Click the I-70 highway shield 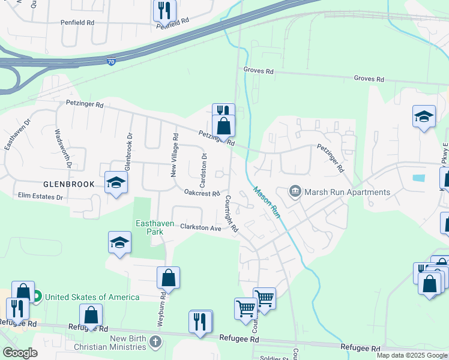click(x=111, y=61)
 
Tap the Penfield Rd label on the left click(x=77, y=22)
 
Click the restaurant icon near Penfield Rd click(x=163, y=10)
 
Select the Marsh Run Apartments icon click(x=295, y=192)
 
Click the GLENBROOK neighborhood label click(x=68, y=184)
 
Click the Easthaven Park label click(x=155, y=227)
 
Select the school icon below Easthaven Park click(x=119, y=242)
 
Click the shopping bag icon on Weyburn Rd click(x=168, y=277)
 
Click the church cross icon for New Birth click(x=155, y=343)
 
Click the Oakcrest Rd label click(x=202, y=193)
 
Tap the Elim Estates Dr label click(x=40, y=196)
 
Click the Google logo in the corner click(x=20, y=353)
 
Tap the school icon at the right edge click(x=424, y=116)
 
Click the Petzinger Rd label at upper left click(x=85, y=104)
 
